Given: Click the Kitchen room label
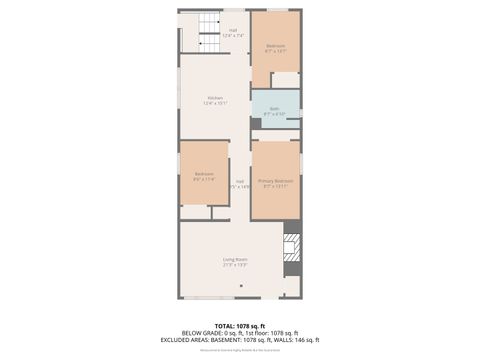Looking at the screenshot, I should pos(215,98).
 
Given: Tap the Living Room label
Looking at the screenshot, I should pos(235,260).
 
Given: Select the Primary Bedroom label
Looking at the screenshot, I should pos(275,181).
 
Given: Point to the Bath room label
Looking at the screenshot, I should pos(274,109).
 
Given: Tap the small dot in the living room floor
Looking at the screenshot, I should pos(240,286).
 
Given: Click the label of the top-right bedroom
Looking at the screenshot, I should pos(276,46).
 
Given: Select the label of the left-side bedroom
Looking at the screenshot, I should pos(203,175).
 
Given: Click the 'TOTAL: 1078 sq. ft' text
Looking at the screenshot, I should pos(240,326).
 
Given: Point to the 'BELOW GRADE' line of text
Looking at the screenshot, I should pos(240,333).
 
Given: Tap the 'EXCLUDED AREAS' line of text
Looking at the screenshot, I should pos(240,339).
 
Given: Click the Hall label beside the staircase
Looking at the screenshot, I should pos(233,30).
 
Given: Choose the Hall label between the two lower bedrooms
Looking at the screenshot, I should pos(240,181).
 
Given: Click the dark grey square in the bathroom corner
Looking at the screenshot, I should pos(256,123).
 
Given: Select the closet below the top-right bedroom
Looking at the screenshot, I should pos(285,80).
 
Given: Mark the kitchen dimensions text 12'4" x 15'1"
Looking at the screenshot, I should pos(215,103).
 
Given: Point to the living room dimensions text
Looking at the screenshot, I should pos(235,265).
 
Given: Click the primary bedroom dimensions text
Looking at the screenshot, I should pos(275,186).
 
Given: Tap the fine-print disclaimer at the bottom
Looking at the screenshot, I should pos(240,347).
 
